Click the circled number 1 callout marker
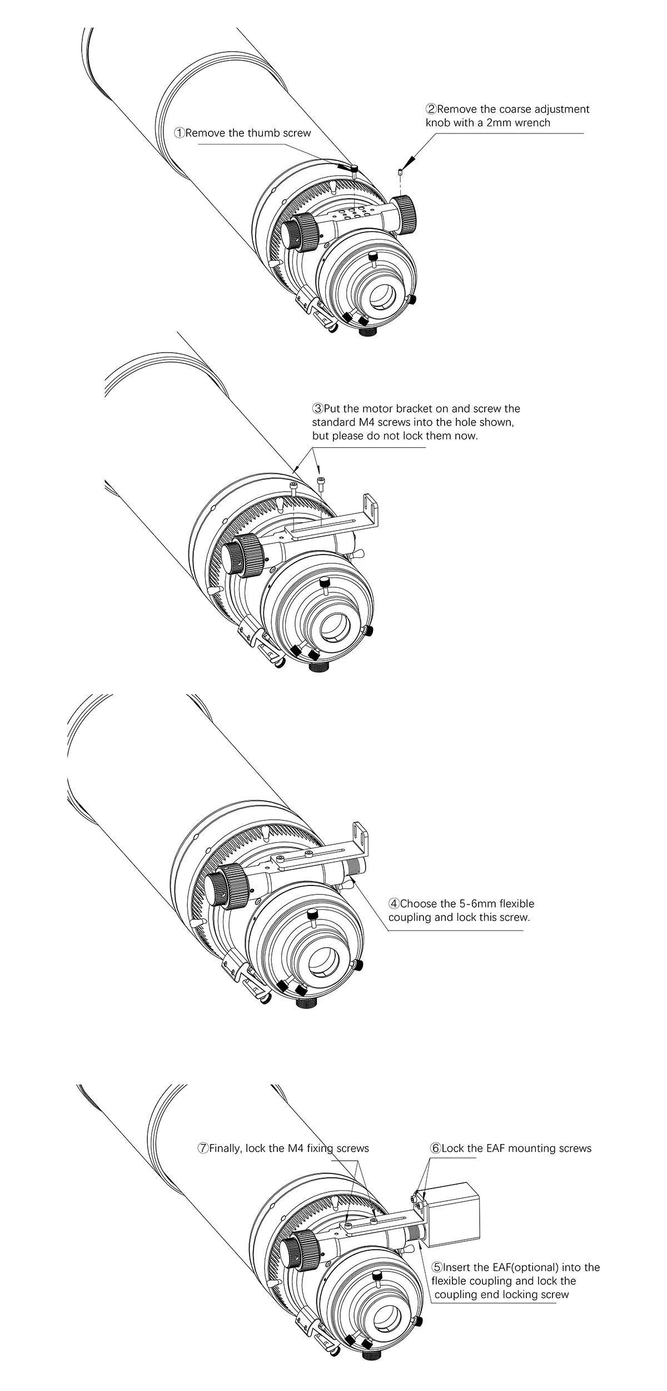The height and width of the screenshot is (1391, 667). pos(180,133)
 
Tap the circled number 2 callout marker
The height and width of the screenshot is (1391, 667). pos(431,109)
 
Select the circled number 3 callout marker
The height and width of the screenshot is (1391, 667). pos(317,409)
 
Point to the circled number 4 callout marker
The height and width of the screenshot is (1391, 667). pos(394,904)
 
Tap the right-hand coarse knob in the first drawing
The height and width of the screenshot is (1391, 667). pos(410,212)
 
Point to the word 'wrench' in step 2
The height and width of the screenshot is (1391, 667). pos(532,123)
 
